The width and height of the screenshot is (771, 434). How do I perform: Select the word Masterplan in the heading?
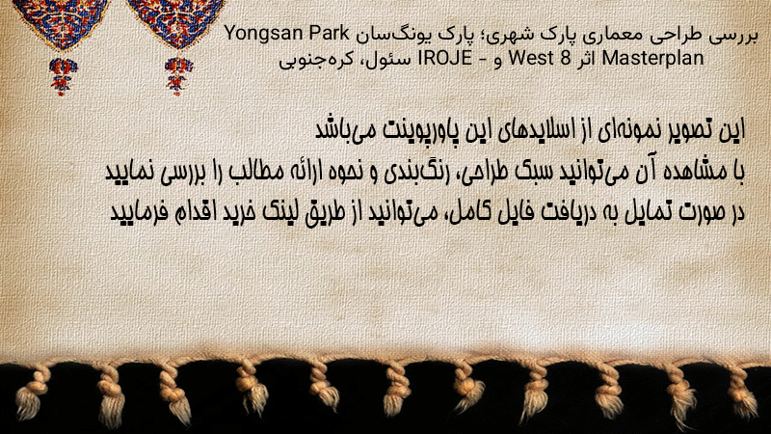point(653,59)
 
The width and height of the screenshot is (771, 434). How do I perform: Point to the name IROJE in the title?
point(444,59)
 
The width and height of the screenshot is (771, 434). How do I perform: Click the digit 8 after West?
point(565,59)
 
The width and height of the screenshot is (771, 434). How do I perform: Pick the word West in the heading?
point(531,59)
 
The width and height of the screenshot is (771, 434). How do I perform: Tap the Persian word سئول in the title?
point(396,59)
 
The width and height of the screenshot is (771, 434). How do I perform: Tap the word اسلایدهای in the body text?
point(534,130)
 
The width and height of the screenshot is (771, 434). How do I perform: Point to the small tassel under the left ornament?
point(63,76)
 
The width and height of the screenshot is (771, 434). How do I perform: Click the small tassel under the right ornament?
point(178,75)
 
